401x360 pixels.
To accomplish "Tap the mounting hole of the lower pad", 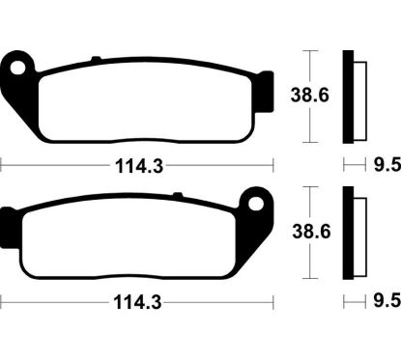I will (256, 208).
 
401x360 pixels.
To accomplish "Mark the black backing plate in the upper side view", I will (348, 97).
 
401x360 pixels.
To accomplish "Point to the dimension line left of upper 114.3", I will (48, 165).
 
